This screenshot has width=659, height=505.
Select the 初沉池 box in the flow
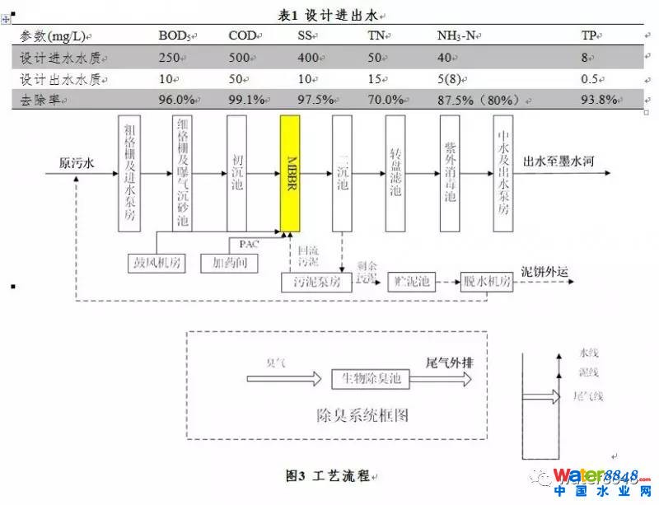pos(238,172)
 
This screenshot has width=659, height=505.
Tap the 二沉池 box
pos(343,172)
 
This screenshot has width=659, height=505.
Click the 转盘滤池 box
pos(396,172)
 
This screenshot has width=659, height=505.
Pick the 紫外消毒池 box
pos(450,172)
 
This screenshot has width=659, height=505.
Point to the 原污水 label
pos(76,162)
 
